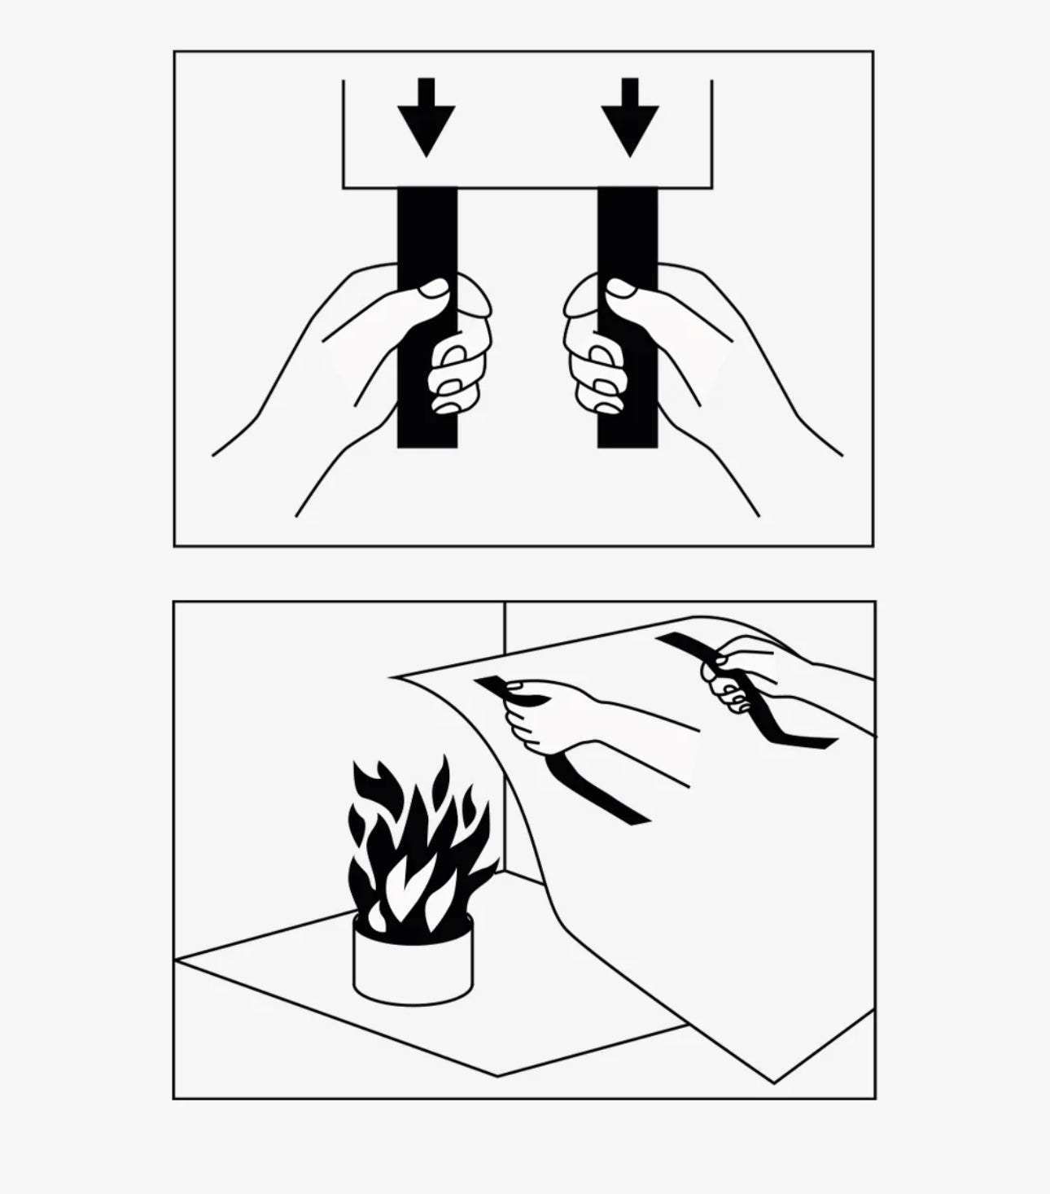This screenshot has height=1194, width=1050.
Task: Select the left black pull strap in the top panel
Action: click(x=427, y=236)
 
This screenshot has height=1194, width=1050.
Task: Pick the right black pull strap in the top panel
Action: click(x=628, y=236)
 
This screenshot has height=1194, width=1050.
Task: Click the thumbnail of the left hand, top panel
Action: click(x=434, y=288)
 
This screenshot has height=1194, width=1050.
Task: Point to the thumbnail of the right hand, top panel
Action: click(x=621, y=288)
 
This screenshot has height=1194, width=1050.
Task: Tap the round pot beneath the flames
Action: click(x=413, y=960)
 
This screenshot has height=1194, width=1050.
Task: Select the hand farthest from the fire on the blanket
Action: click(x=745, y=671)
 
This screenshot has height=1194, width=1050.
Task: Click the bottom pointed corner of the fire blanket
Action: click(x=773, y=1081)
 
